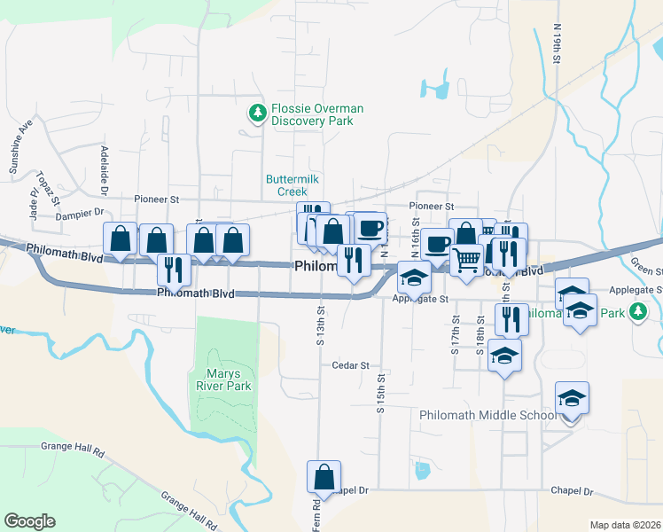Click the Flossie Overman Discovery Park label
tap(317, 114)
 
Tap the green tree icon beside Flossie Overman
tap(257, 113)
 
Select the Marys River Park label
tap(223, 379)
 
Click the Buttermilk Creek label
tap(286, 184)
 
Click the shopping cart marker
tap(466, 260)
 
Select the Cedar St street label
tap(349, 364)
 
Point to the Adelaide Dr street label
tap(104, 170)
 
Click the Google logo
tap(29, 521)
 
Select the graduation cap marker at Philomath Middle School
tap(573, 399)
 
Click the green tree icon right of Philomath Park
tap(636, 311)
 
